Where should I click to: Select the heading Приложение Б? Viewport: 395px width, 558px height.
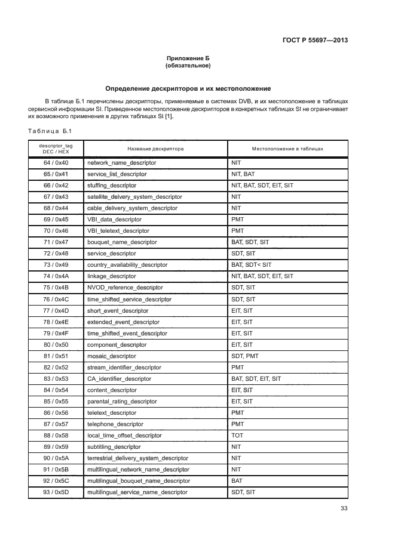pyautogui.click(x=188, y=58)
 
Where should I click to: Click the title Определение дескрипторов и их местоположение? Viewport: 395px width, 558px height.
pyautogui.click(x=188, y=88)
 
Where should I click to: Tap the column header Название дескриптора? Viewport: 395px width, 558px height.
pyautogui.click(x=155, y=149)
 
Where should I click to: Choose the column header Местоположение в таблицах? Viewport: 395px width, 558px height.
pyautogui.click(x=287, y=149)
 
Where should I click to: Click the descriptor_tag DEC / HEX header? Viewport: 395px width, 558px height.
pyautogui.click(x=56, y=149)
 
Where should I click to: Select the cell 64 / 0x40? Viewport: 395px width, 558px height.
pyautogui.click(x=56, y=163)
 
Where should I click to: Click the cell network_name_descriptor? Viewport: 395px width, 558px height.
pyautogui.click(x=122, y=163)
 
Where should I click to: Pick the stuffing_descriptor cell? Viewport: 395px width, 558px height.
pyautogui.click(x=112, y=186)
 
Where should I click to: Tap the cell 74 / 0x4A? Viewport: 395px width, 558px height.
pyautogui.click(x=56, y=276)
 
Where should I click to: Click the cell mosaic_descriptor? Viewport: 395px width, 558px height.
pyautogui.click(x=112, y=356)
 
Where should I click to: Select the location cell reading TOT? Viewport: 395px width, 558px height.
pyautogui.click(x=237, y=436)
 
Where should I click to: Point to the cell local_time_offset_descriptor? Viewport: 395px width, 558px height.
pyautogui.click(x=124, y=436)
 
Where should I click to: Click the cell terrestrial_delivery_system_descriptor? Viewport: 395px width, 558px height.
pyautogui.click(x=137, y=458)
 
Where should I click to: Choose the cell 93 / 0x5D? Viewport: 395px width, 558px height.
pyautogui.click(x=56, y=492)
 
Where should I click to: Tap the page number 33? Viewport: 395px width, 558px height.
pyautogui.click(x=344, y=508)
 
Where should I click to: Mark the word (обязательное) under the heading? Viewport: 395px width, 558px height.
pyautogui.click(x=188, y=66)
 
